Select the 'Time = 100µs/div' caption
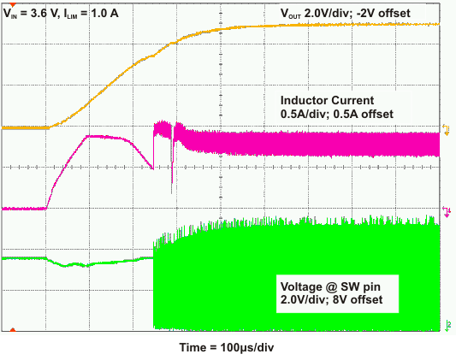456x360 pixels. coord(228,347)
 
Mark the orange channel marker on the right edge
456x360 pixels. coord(445,129)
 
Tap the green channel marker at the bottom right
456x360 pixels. coord(445,324)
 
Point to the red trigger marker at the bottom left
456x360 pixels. coord(13,328)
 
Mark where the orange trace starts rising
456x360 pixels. coord(50,127)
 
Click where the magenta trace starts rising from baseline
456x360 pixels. coord(46,207)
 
